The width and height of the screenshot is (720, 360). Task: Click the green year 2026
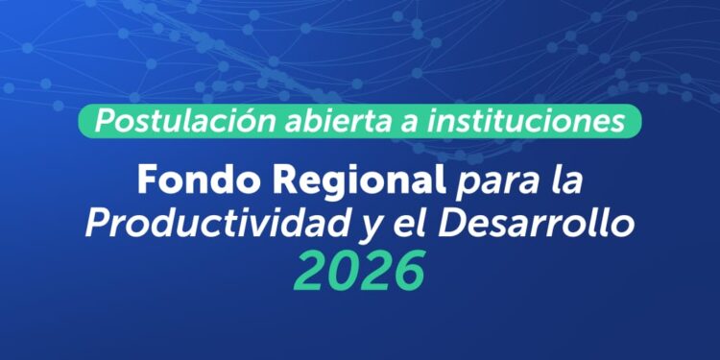point(359,271)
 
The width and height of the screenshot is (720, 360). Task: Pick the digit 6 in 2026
point(407,271)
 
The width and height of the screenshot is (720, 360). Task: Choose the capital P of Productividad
point(100,224)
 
